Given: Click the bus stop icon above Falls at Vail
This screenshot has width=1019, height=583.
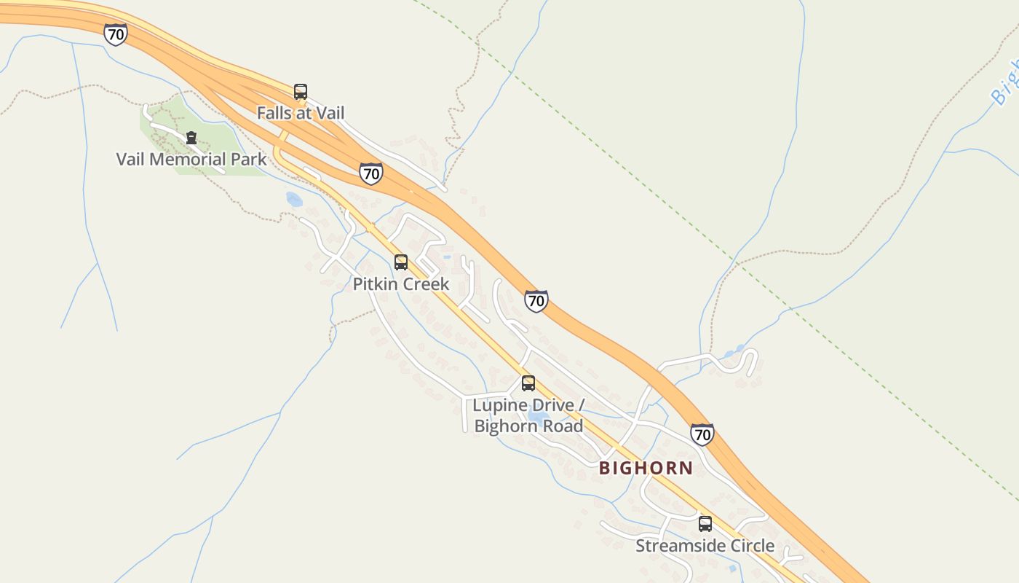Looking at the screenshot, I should tap(301, 92).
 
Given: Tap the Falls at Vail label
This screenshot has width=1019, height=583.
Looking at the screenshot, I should tap(301, 113).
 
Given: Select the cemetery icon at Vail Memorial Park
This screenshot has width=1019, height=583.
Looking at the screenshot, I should tap(191, 137).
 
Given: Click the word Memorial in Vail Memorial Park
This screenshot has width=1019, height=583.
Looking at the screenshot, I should tap(192, 159).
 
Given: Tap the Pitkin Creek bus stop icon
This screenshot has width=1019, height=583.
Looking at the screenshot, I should tap(401, 262).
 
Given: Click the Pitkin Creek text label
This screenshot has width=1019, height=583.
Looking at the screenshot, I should tap(401, 284).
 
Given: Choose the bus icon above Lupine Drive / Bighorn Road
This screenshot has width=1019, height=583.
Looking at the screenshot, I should tap(528, 383).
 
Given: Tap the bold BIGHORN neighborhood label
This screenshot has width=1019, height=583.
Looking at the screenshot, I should tap(646, 468).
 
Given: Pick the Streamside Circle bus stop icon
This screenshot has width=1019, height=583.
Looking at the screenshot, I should tap(705, 524).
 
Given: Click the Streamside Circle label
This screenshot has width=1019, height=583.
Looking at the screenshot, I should tap(705, 546).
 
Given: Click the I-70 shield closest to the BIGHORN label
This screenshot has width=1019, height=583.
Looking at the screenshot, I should tap(702, 434).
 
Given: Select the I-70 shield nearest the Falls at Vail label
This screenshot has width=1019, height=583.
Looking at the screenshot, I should tap(371, 173).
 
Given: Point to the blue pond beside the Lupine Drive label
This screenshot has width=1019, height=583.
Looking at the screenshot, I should tap(539, 417).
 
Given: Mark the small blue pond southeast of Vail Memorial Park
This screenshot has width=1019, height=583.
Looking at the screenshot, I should tap(294, 199).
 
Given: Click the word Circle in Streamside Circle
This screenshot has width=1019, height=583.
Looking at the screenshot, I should tap(750, 546).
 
